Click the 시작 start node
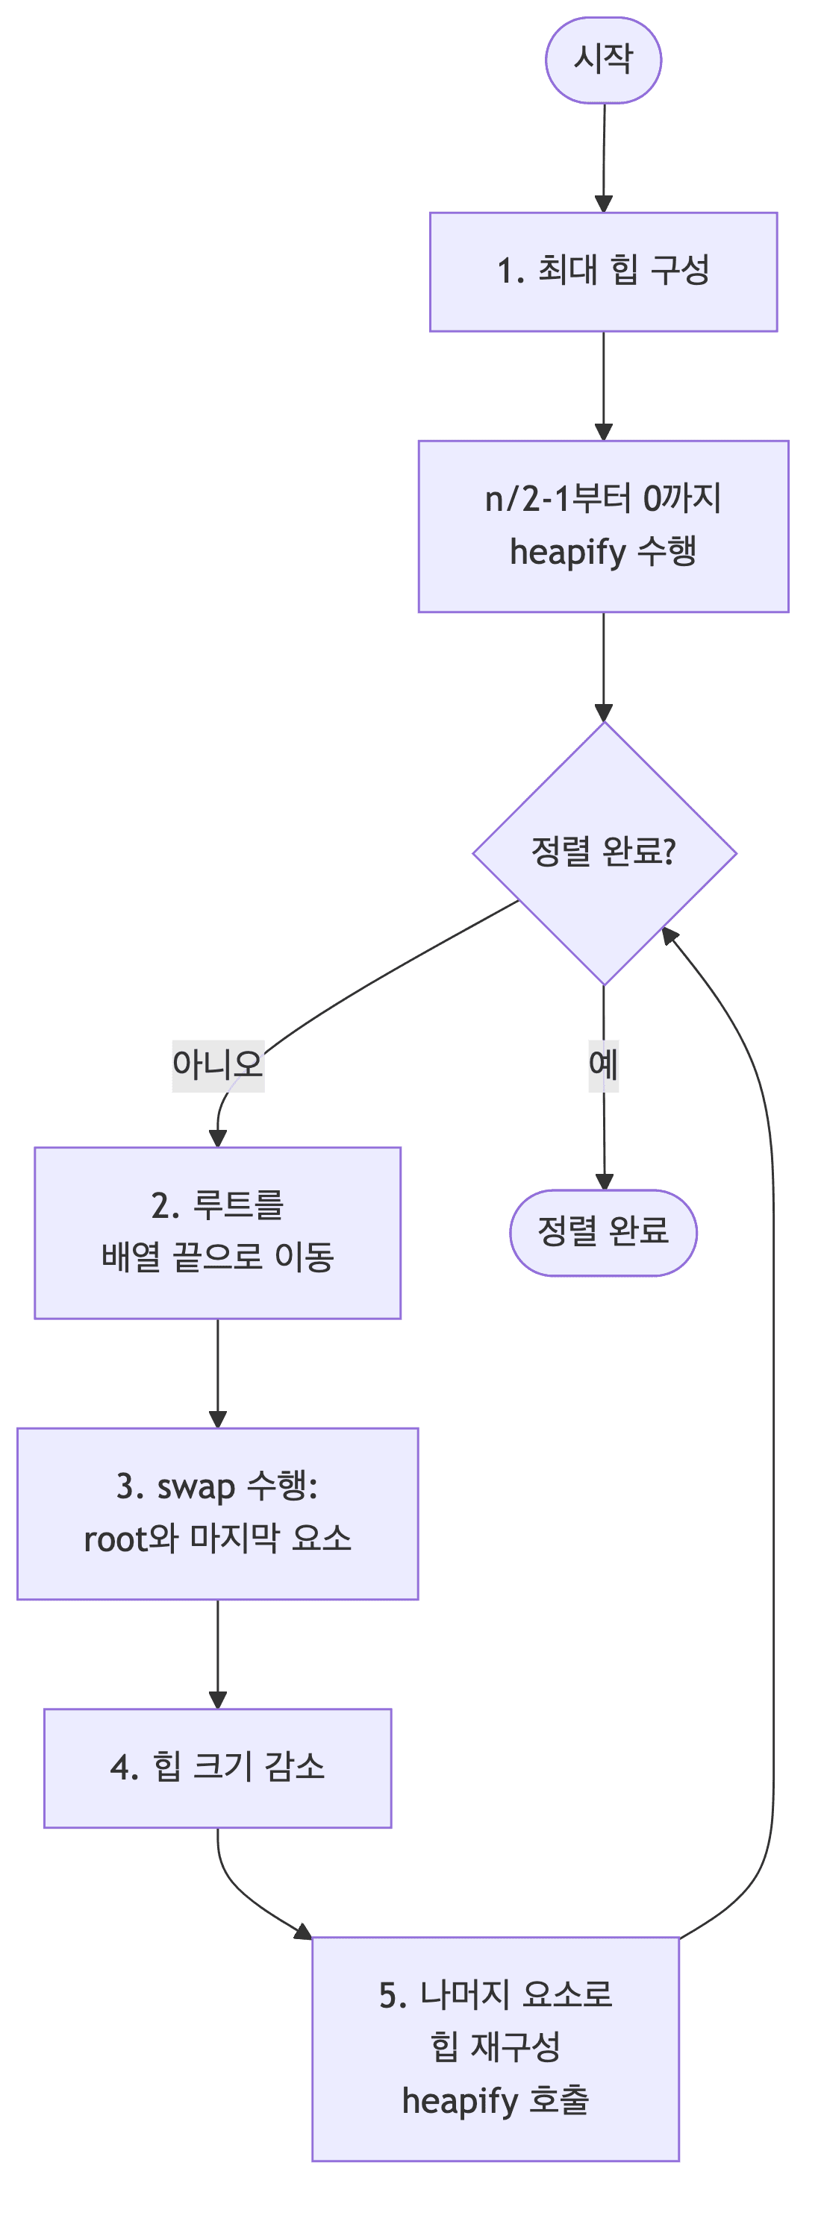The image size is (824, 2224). pyautogui.click(x=603, y=60)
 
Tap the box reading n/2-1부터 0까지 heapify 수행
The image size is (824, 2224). pyautogui.click(x=603, y=527)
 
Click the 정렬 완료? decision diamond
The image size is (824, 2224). pyautogui.click(x=604, y=852)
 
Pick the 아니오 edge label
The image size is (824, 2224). pyautogui.click(x=218, y=1064)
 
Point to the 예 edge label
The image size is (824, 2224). pyautogui.click(x=603, y=1064)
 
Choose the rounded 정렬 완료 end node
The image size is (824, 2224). pyautogui.click(x=603, y=1232)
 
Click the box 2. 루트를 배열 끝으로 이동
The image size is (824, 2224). pyautogui.click(x=218, y=1233)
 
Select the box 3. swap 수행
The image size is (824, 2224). pyautogui.click(x=218, y=1513)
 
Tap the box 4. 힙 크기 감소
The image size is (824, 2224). pyautogui.click(x=218, y=1768)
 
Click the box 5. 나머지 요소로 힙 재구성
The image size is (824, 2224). pyautogui.click(x=495, y=2049)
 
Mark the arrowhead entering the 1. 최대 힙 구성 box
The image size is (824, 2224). pyautogui.click(x=604, y=204)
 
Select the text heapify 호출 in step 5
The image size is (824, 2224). pyautogui.click(x=495, y=2100)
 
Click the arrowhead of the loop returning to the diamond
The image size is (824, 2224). pyautogui.click(x=669, y=935)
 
